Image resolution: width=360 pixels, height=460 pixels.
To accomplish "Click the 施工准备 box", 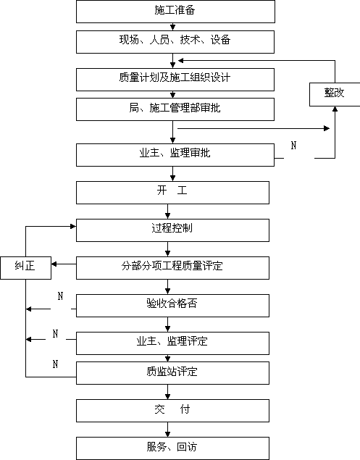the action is (175, 12).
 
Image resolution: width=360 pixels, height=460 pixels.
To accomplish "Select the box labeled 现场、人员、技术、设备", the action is (175, 42).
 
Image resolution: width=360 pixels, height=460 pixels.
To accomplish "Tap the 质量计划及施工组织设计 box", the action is (175, 80).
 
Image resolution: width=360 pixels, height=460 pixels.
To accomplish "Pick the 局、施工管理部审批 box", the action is (175, 109).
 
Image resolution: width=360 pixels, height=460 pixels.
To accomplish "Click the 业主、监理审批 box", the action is (175, 155).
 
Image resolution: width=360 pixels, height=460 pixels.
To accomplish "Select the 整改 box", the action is (335, 94).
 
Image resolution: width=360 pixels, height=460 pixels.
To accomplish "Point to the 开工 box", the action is (172, 193).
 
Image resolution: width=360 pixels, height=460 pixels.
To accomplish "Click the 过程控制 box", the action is (172, 230).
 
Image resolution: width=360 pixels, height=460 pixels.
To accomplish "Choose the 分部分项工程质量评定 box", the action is (172, 268).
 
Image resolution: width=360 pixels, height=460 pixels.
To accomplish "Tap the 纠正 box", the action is (26, 268).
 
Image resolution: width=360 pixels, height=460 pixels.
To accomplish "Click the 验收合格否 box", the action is (172, 306).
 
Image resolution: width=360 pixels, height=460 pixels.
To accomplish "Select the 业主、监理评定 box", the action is (172, 343).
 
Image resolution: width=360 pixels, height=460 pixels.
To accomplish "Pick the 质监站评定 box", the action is (172, 373).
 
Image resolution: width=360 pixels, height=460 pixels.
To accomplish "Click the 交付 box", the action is (172, 411).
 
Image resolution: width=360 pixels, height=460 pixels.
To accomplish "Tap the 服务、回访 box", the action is (172, 448).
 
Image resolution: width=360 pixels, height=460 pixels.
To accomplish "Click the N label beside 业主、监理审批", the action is (293, 145).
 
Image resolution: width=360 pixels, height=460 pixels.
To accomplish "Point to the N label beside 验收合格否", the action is (60, 296).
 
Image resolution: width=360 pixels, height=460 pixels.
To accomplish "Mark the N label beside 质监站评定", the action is (56, 364).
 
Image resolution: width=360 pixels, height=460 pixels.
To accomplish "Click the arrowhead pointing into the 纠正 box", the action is (54, 264).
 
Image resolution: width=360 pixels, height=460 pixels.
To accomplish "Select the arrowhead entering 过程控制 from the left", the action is (73, 226).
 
